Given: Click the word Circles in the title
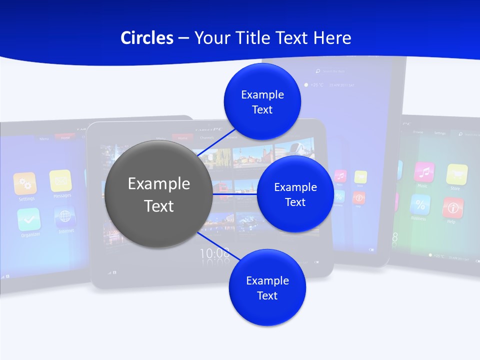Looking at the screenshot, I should (147, 38).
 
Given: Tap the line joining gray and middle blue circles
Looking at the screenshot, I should (235, 193).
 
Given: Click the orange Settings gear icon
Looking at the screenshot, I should (24, 183).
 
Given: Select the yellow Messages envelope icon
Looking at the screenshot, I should (60, 180).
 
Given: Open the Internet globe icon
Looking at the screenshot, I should (65, 216).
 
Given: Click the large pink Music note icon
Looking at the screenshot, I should (424, 171).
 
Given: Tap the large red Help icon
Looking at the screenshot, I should (452, 207).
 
